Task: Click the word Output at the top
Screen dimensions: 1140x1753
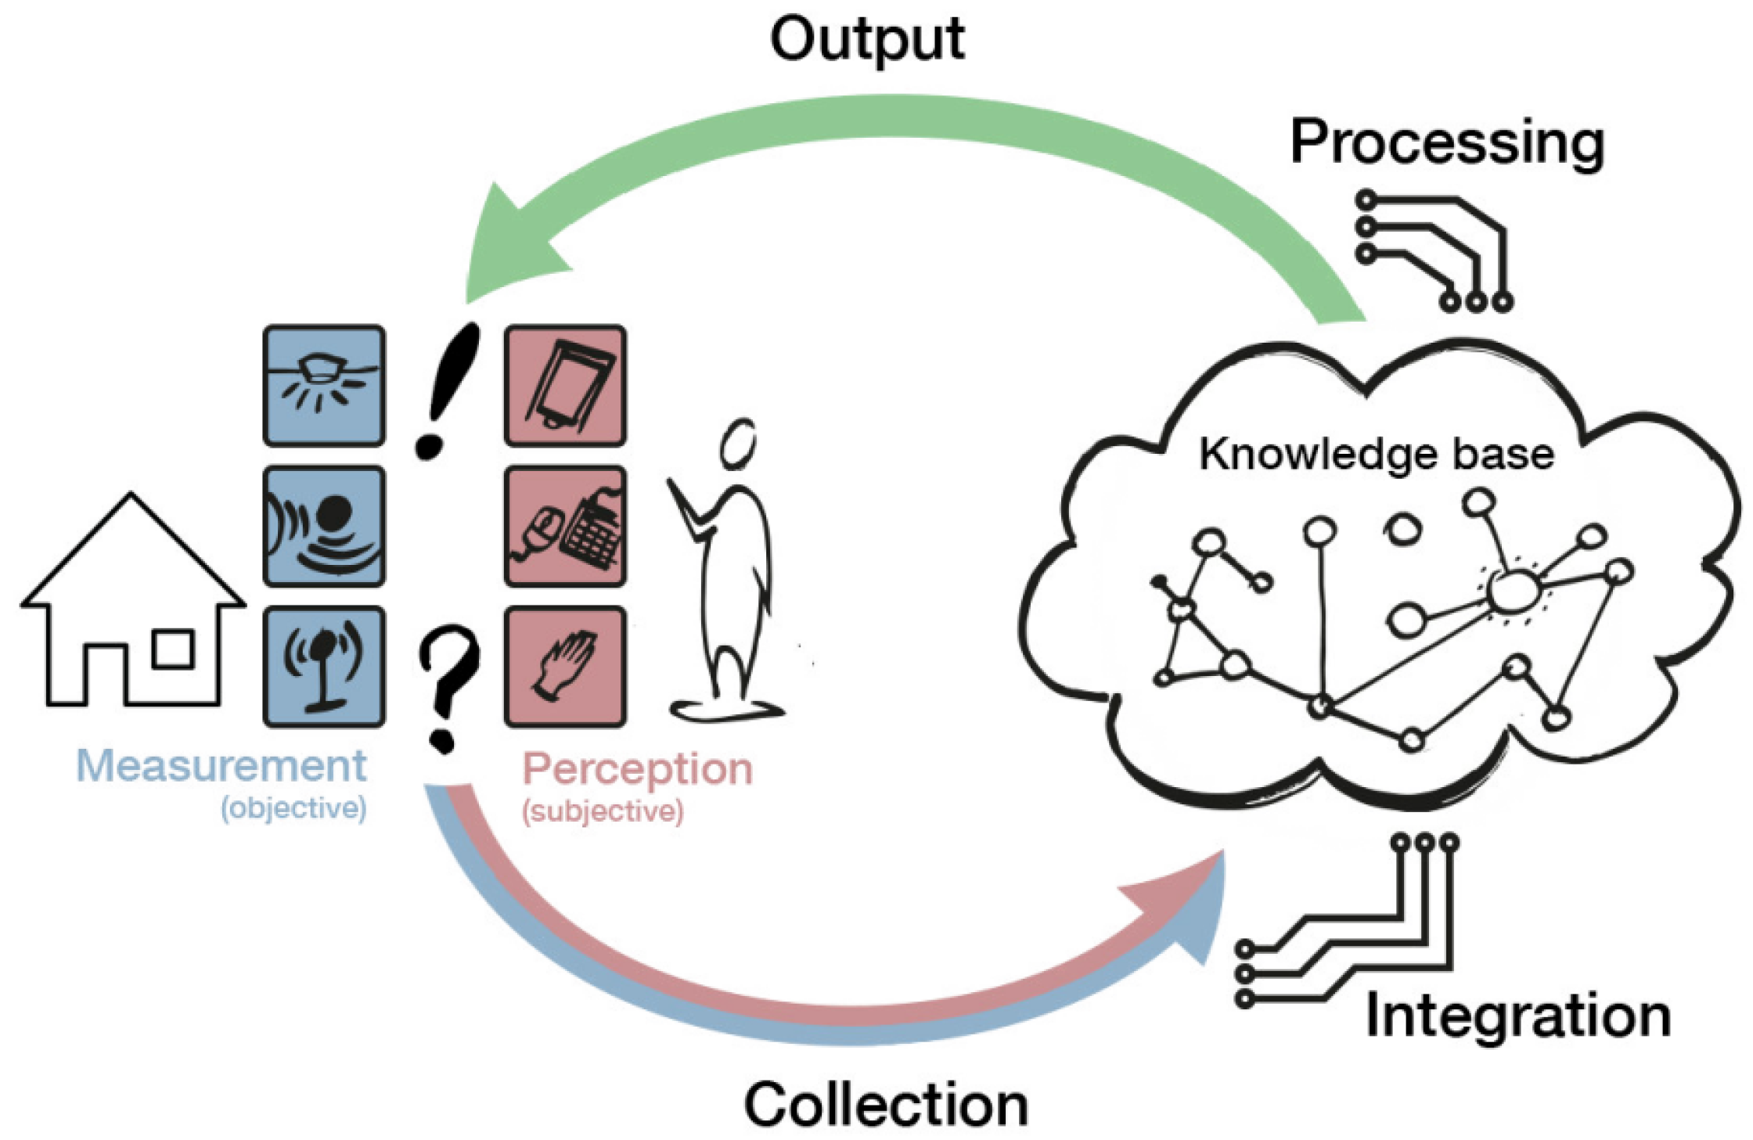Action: (866, 39)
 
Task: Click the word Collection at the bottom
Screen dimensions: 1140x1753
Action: (886, 1105)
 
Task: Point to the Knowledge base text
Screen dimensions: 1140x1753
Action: (1377, 454)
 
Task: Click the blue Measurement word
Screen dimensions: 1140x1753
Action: (221, 765)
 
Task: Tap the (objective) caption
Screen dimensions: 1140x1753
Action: (293, 807)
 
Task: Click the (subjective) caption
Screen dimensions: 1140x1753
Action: (603, 811)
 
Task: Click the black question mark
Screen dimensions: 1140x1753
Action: (448, 687)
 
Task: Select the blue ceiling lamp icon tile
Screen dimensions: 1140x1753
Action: (324, 386)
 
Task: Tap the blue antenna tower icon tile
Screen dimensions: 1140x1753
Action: (324, 667)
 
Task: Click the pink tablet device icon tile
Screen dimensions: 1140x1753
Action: (565, 386)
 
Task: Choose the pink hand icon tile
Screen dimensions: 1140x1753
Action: (565, 667)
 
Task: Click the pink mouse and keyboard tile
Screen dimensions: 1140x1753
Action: (565, 526)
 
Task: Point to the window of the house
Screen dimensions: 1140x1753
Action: (173, 649)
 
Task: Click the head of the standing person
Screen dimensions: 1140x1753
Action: (737, 444)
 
